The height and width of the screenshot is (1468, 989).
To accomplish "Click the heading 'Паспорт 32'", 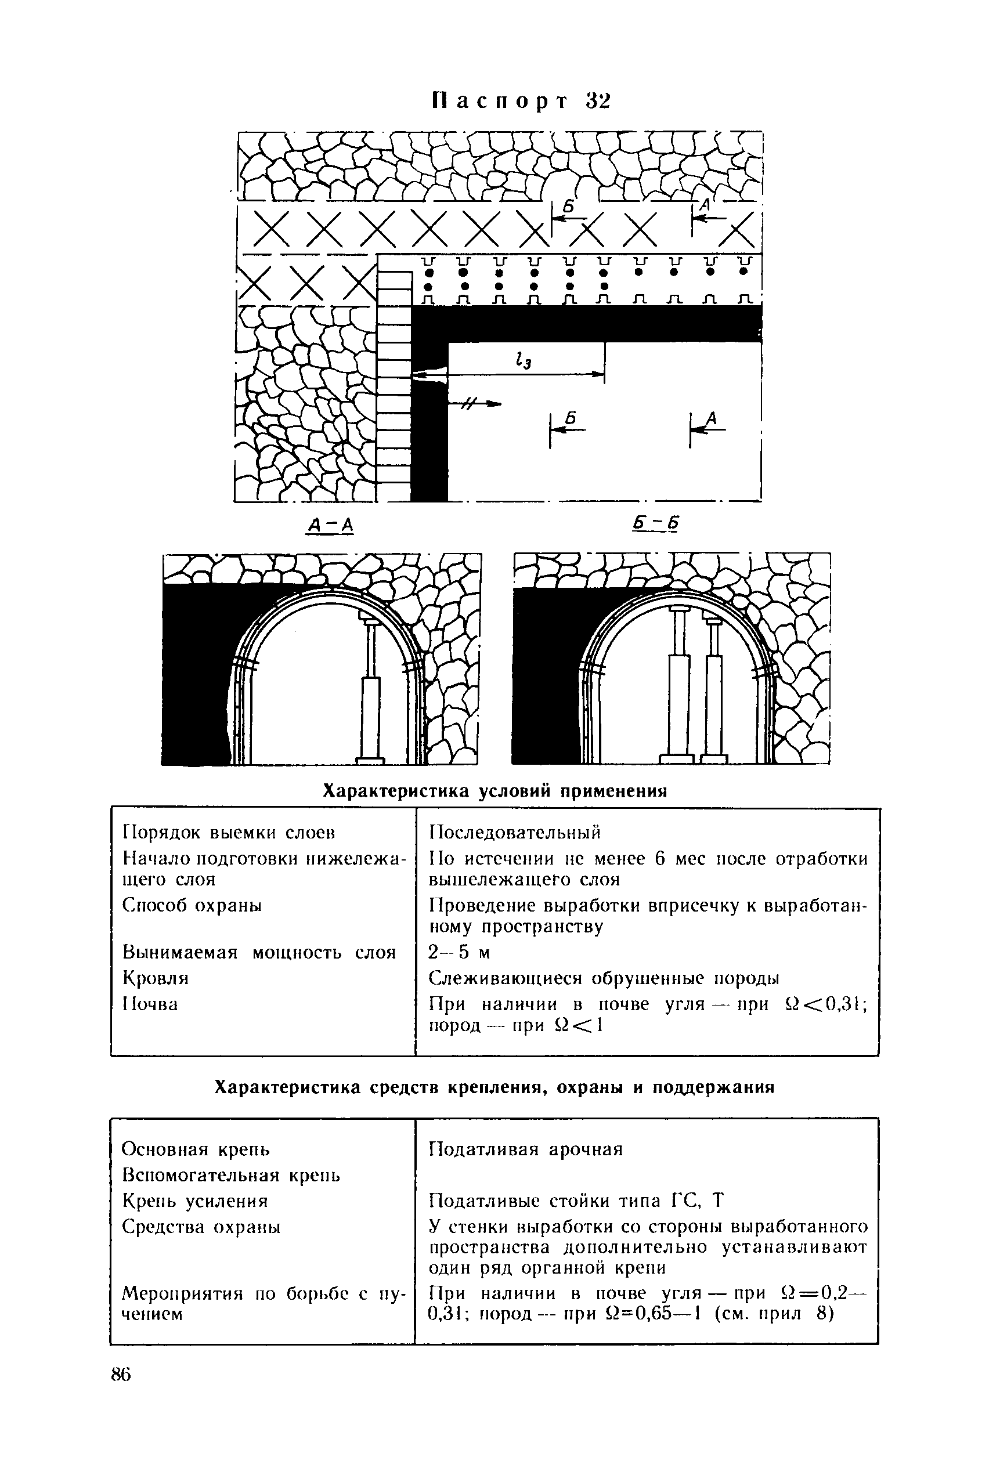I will pos(522,101).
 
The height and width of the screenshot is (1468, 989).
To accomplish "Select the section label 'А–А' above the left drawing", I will pos(330,524).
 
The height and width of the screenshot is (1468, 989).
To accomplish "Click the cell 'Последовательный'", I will pos(515,833).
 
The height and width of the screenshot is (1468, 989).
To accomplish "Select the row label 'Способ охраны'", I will pos(192,906).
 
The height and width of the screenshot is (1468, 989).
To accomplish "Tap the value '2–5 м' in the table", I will pos(459,952).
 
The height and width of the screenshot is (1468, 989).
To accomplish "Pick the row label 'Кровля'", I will pos(155,978).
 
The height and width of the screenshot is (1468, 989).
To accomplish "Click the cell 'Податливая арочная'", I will pos(525,1149).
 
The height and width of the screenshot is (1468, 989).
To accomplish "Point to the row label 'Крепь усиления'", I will pos(195,1201).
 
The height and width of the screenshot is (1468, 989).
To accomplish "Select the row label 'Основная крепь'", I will pos(196,1149).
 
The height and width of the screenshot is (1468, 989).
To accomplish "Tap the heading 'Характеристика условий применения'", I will pos(494,791).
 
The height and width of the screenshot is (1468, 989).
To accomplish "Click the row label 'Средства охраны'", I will pos(201,1227).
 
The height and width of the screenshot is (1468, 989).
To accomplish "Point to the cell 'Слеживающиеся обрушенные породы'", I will pos(604,978).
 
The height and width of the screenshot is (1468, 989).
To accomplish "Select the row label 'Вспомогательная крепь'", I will pos(231,1176).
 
